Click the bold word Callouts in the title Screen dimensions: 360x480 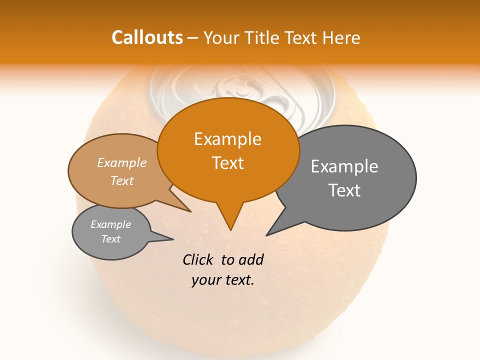[147, 37]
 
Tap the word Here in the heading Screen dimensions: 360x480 [342, 37]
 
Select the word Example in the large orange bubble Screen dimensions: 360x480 [227, 139]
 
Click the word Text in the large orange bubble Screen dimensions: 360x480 [227, 162]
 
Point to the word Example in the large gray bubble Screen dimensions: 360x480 [344, 166]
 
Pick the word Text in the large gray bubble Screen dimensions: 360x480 [344, 190]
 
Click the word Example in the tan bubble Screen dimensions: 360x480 [122, 162]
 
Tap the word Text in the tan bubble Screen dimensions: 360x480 [122, 180]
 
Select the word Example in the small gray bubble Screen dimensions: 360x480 [111, 224]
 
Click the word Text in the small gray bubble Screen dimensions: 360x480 [111, 239]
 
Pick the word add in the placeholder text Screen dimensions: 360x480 [250, 259]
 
